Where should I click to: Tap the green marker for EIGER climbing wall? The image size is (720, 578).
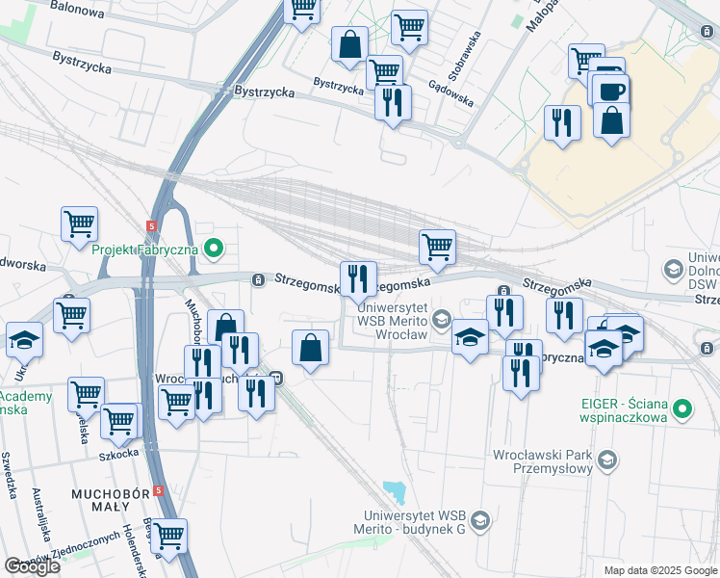click(682, 408)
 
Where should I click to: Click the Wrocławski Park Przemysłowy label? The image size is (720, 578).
click(545, 460)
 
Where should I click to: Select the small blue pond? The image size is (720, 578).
click(394, 492)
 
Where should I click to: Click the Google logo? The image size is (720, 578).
click(32, 566)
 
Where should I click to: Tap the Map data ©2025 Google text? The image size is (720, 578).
click(660, 570)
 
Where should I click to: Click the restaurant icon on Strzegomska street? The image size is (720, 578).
click(359, 279)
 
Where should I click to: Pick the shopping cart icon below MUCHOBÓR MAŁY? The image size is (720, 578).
click(169, 537)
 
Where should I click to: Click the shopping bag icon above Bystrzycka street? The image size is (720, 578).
click(348, 43)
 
